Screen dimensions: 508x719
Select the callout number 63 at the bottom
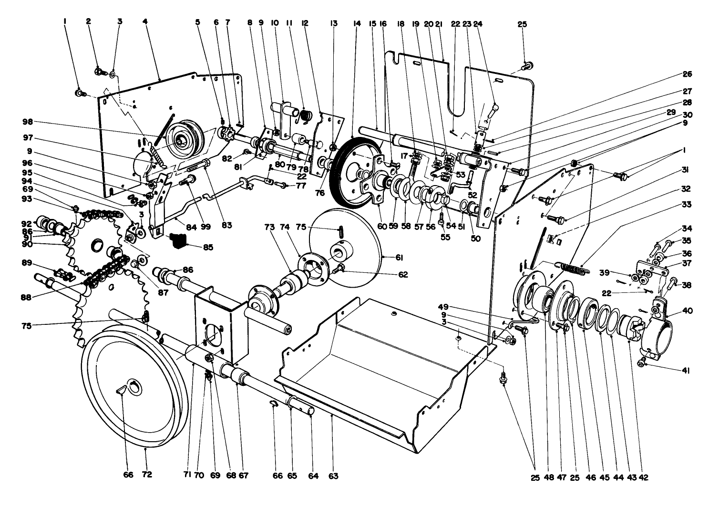click(333, 476)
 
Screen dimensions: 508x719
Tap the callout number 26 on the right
click(687, 74)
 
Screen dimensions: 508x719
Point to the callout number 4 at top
click(144, 21)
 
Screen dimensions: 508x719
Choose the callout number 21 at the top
click(439, 23)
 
